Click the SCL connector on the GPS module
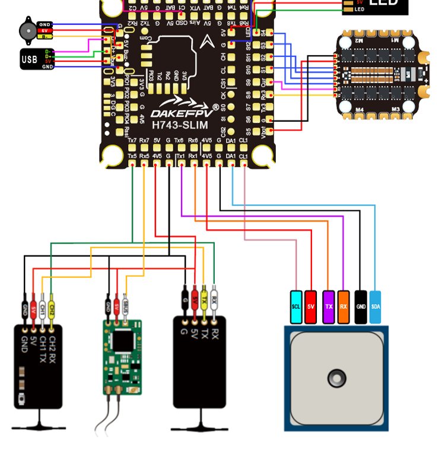point(296,307)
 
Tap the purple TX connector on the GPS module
point(328,307)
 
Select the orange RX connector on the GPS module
point(344,307)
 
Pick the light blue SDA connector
point(376,307)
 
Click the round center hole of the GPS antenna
point(336,378)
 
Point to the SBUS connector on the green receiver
point(126,306)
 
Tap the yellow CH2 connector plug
point(52,309)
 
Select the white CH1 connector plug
point(43,309)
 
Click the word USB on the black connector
point(30,59)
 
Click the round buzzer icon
point(27,30)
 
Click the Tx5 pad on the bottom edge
point(132,156)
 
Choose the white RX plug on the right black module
point(215,296)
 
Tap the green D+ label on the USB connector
point(48,56)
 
